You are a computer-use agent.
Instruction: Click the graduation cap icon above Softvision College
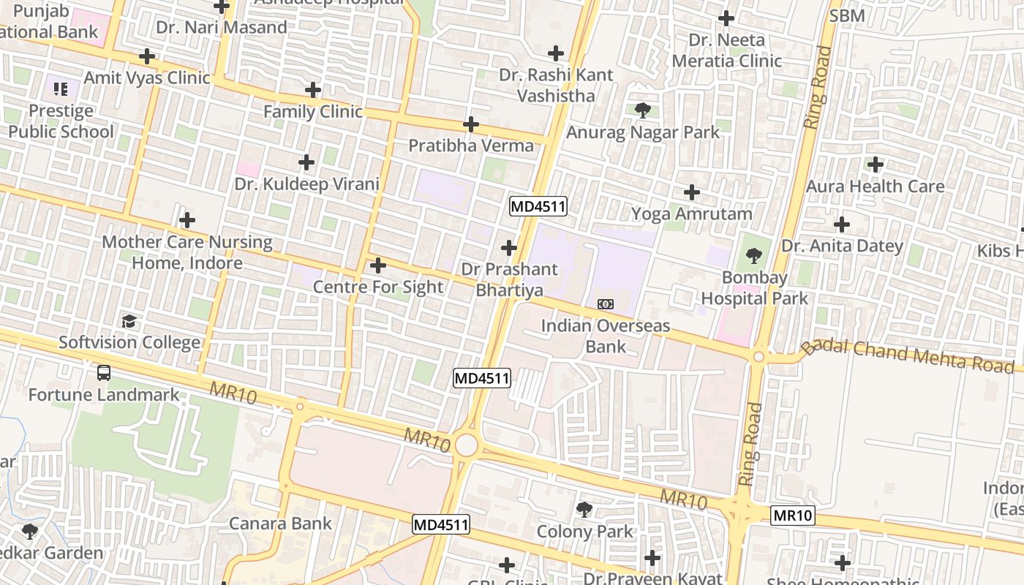point(129,321)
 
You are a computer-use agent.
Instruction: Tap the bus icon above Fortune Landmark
point(104,373)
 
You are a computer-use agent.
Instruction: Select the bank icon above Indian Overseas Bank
point(606,303)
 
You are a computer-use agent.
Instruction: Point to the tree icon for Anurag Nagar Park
point(643,110)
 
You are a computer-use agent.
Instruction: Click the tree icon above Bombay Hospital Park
point(754,256)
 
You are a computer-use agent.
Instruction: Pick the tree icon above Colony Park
point(584,509)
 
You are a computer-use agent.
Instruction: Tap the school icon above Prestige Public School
point(61,89)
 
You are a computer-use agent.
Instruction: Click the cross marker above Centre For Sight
point(378,265)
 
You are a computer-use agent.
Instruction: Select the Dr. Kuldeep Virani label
point(307,184)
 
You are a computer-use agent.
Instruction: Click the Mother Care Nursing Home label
point(187,252)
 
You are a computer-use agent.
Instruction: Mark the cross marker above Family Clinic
point(313,90)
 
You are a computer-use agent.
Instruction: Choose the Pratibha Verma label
point(471,146)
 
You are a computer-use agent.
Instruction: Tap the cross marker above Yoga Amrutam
point(691,192)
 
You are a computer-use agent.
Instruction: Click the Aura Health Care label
point(875,186)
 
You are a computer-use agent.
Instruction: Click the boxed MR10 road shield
point(793,516)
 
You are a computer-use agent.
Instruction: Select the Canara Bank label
point(280,524)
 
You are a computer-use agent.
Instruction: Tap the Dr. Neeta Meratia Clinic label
point(727,50)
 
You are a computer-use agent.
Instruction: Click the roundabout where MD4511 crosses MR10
point(465,445)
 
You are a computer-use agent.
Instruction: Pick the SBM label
point(847,15)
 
